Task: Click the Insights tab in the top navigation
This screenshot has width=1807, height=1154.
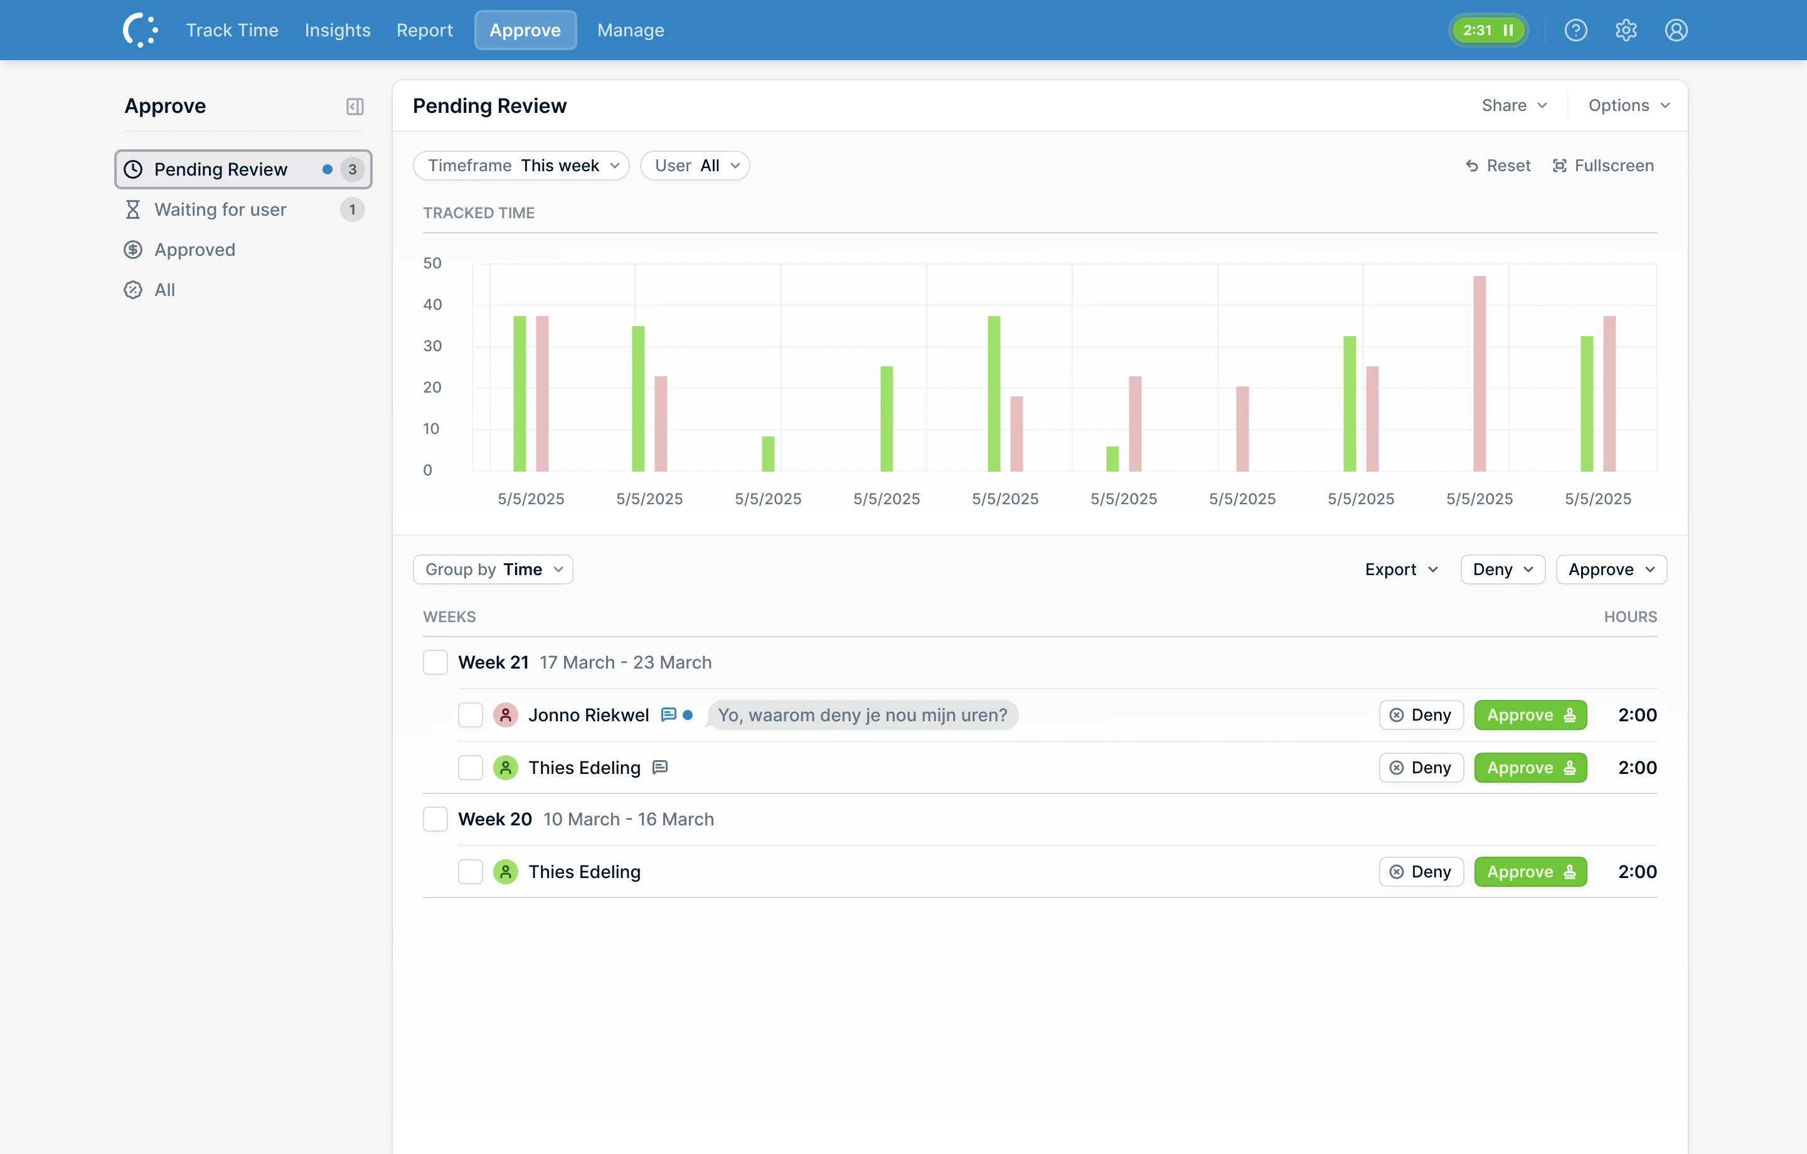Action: tap(337, 30)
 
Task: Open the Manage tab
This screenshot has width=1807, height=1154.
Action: tap(631, 30)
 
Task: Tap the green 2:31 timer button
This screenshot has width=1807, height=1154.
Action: tap(1488, 30)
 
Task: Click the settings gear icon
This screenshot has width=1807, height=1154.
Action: tap(1626, 30)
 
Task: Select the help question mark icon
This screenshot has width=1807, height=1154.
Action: tap(1575, 30)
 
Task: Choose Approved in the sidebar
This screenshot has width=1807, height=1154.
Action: tap(195, 250)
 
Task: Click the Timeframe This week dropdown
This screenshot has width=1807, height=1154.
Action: tap(521, 165)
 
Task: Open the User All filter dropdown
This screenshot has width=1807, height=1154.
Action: tap(695, 165)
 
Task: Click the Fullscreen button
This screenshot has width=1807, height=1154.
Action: tap(1603, 165)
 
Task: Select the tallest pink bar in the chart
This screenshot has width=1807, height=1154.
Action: tap(1479, 374)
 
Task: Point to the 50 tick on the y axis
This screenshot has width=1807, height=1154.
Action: tap(432, 263)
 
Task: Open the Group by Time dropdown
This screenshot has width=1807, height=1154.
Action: tap(493, 569)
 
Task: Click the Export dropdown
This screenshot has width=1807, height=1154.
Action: tap(1401, 569)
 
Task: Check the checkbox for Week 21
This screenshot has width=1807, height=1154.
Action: tap(435, 662)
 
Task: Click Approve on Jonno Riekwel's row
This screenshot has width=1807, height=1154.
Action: tap(1530, 715)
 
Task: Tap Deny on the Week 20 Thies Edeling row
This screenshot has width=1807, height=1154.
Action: tap(1421, 872)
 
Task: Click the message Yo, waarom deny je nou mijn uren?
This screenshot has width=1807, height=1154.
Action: tap(862, 715)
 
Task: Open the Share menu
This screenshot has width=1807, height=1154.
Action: tap(1513, 105)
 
